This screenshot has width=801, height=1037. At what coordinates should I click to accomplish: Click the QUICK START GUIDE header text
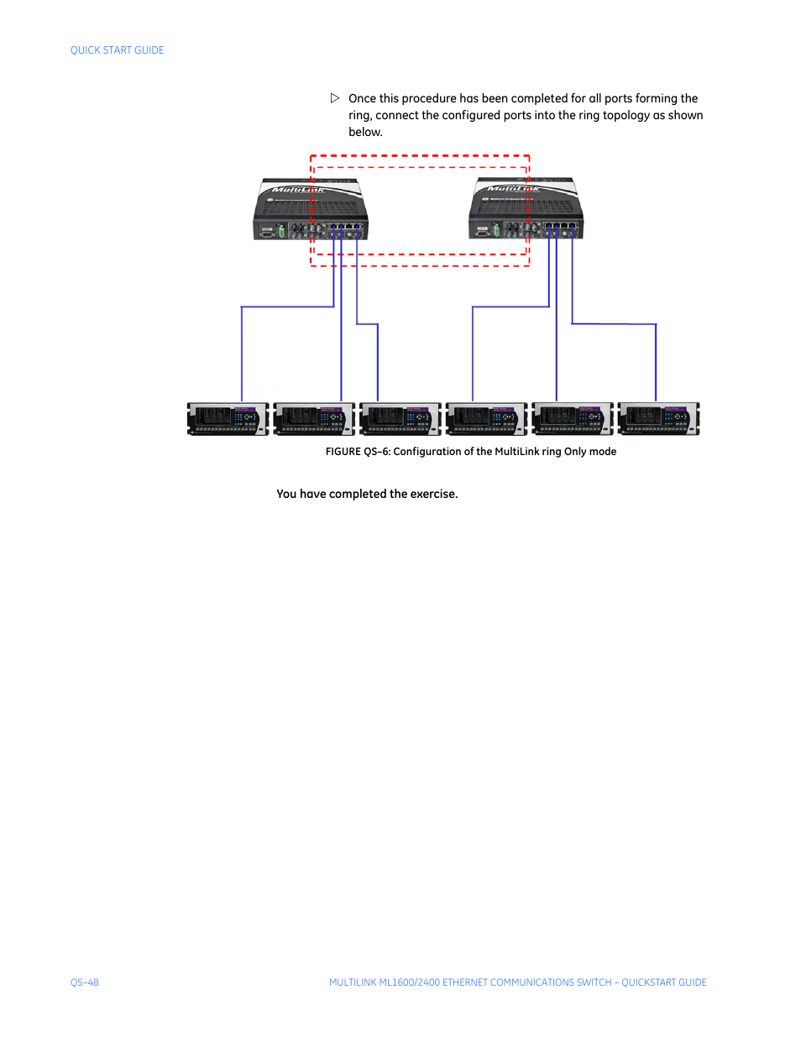pos(117,50)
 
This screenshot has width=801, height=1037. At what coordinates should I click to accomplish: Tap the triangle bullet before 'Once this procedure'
pos(335,98)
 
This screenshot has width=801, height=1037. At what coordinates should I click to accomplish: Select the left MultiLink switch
pos(310,210)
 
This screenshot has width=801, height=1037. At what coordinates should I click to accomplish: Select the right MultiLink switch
pos(526,210)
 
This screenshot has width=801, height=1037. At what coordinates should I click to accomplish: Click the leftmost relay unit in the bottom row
pos(228,418)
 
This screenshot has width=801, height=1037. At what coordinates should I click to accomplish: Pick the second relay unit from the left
pos(314,418)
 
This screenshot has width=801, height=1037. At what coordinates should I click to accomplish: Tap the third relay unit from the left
pos(400,418)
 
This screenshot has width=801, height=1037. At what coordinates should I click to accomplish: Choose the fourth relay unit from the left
pos(486,418)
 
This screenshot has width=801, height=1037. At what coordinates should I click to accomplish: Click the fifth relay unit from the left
pos(573,418)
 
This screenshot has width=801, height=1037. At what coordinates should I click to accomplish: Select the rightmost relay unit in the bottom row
pos(658,418)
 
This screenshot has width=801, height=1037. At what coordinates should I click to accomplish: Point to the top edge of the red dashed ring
pos(420,156)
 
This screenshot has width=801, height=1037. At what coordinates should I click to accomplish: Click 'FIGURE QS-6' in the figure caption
pos(358,452)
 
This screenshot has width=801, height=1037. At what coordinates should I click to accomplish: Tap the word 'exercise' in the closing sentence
pos(432,494)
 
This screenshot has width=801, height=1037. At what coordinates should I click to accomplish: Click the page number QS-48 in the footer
pos(85,982)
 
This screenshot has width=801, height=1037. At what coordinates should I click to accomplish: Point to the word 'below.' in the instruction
pos(365,132)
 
